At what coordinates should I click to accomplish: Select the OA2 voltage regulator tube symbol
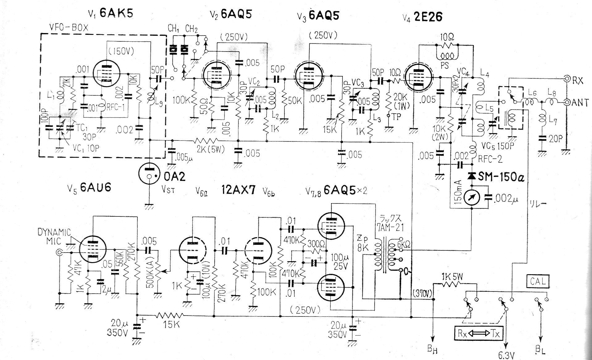[149, 175]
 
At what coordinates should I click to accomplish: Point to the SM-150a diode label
[501, 177]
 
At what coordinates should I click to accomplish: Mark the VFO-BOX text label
[69, 27]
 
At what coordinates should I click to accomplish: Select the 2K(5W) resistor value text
[211, 149]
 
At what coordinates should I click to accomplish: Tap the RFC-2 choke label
[490, 159]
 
